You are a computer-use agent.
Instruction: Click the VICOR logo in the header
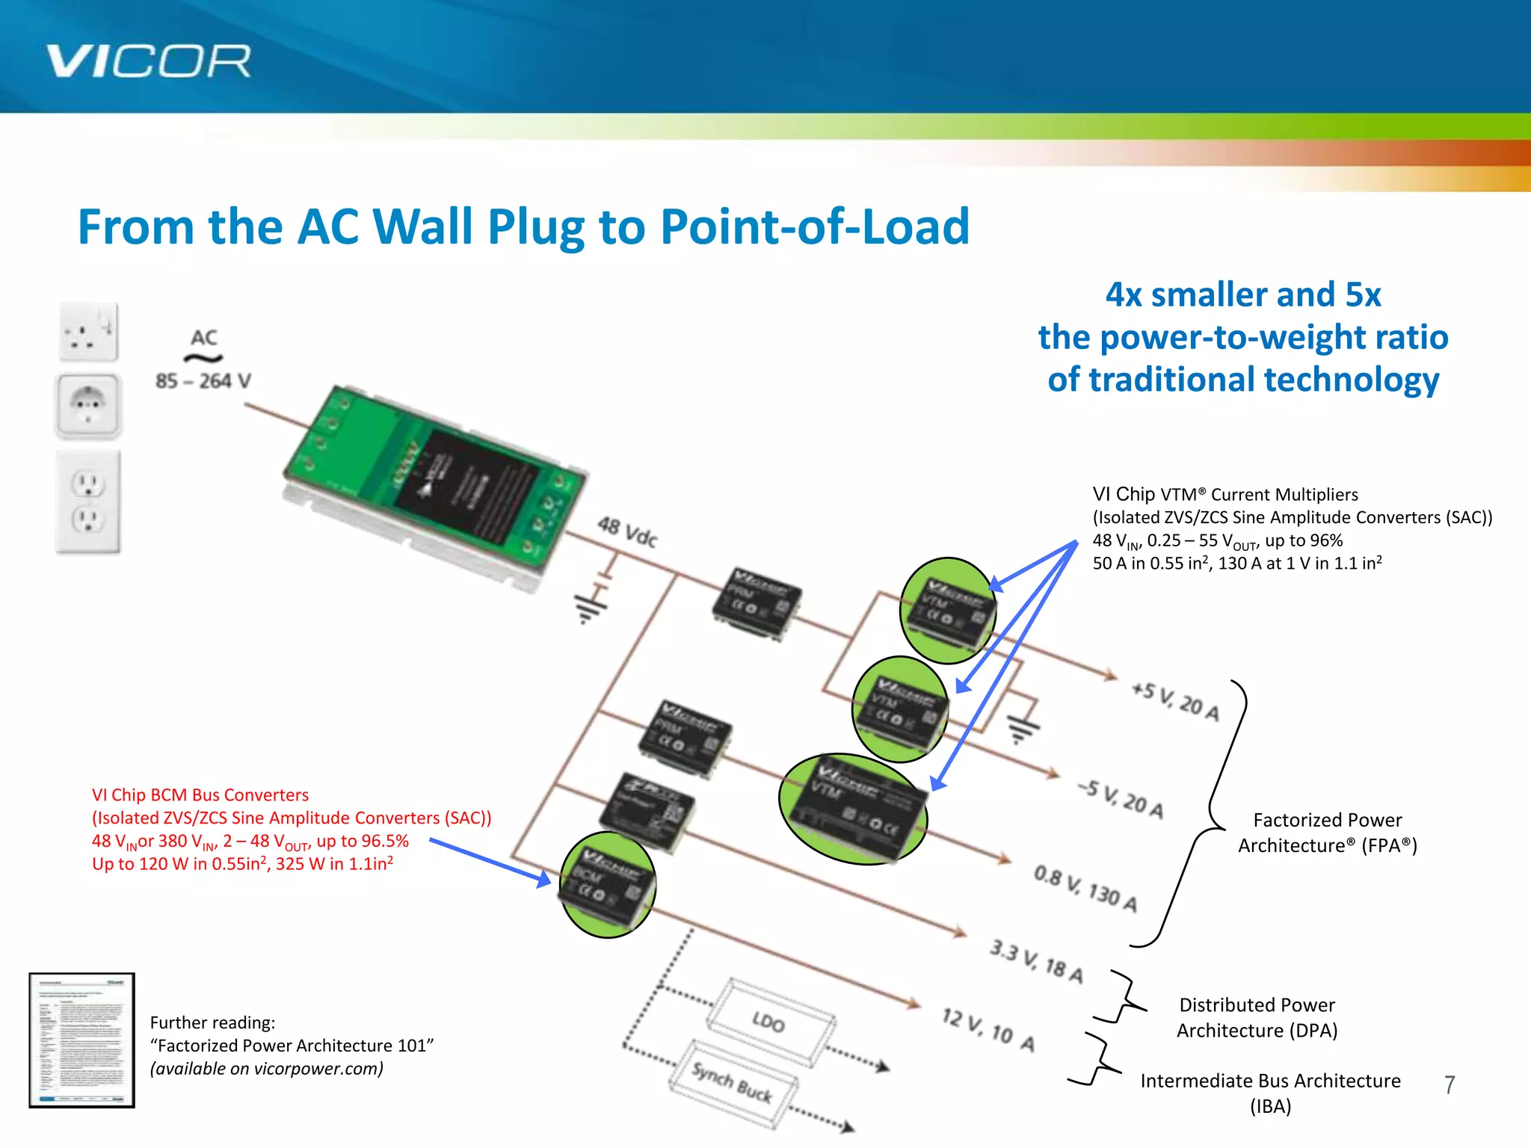point(148,61)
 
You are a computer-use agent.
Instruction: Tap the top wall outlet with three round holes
point(88,332)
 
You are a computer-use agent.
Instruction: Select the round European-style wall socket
point(88,406)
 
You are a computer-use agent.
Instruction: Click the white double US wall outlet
point(88,502)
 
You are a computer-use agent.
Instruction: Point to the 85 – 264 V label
point(203,381)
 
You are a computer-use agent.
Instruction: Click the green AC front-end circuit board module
point(434,486)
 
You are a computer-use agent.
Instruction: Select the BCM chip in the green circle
point(607,885)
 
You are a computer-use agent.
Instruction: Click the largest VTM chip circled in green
point(854,809)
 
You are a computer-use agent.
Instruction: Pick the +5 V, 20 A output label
point(1175,701)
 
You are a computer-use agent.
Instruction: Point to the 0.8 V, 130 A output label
point(1085,888)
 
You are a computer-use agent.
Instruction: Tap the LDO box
point(770,1021)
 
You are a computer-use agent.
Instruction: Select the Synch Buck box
point(733,1082)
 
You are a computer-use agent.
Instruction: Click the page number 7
point(1450,1084)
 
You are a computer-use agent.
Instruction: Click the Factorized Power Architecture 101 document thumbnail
point(81,1040)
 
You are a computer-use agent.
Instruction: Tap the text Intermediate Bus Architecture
point(1270,1081)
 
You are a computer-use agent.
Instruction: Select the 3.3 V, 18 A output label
point(1036,961)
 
